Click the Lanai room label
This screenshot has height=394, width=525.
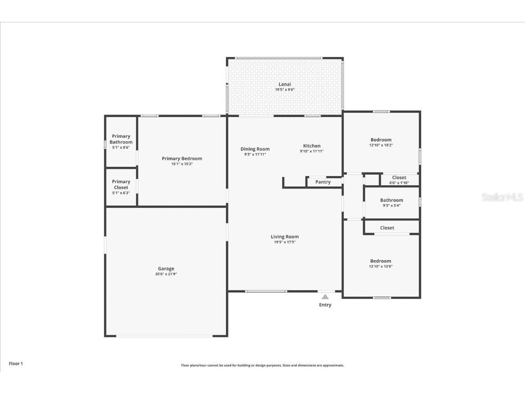[285, 84]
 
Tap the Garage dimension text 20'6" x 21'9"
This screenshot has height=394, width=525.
[166, 274]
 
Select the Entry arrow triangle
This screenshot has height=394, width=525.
[325, 296]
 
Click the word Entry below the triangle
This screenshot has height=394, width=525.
[325, 305]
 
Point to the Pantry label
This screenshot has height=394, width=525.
[323, 182]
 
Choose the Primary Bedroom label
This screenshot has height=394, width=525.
[182, 159]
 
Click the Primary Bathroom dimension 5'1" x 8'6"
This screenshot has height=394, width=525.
[121, 147]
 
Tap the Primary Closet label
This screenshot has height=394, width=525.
[121, 185]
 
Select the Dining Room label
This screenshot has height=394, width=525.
[255, 149]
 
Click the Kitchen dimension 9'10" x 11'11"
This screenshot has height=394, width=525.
[312, 151]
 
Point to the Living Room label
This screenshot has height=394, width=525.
[285, 237]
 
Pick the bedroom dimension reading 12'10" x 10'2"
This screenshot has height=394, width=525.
[381, 145]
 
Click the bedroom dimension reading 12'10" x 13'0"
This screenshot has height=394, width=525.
[381, 267]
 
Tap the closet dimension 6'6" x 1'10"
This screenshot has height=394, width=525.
[399, 183]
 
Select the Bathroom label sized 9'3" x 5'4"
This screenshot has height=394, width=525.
[392, 200]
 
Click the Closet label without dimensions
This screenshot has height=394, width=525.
[387, 228]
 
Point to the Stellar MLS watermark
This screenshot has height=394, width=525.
[502, 197]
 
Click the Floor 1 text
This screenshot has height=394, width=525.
[16, 363]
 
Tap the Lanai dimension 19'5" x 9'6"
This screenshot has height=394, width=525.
[285, 90]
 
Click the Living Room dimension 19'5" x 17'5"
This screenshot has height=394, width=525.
[285, 242]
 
